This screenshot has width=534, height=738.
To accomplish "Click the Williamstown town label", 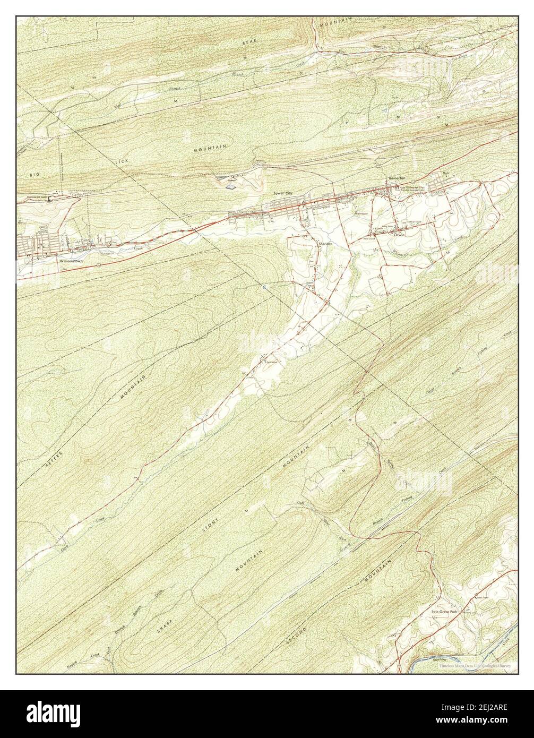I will [71, 261].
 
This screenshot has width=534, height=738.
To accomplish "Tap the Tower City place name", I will [282, 193].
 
